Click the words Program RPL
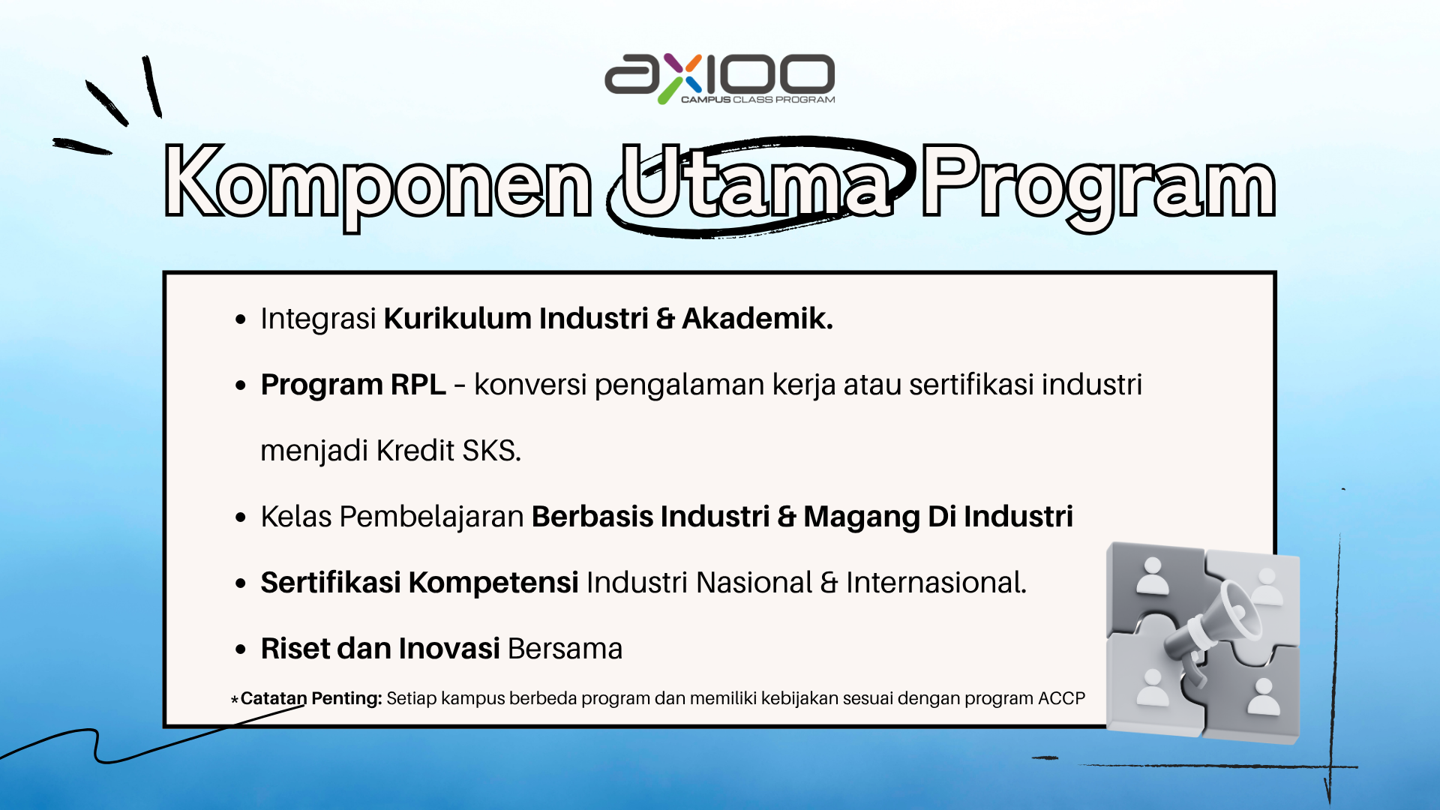[353, 385]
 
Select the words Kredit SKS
[448, 451]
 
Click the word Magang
[861, 517]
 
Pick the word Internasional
[936, 583]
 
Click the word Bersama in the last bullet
[565, 649]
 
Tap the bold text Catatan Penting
[311, 698]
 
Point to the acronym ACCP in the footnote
[1061, 698]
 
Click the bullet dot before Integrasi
[241, 319]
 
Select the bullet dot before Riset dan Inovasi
[241, 649]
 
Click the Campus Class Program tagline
[757, 100]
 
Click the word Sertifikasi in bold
[331, 583]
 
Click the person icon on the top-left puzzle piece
[1153, 576]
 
